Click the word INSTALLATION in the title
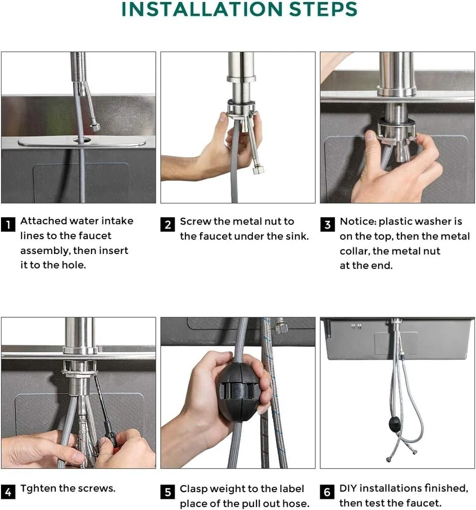tap(202, 9)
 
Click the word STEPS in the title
tap(323, 9)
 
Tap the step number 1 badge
tap(8, 224)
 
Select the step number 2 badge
tap(168, 225)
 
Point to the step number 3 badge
tap(327, 225)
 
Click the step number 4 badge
tap(8, 492)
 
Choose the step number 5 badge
tap(168, 492)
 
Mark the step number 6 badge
tap(327, 492)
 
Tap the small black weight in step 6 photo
tap(395, 423)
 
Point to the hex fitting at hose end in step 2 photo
tap(258, 170)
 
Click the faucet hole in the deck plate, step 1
tap(82, 141)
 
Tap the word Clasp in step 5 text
tap(194, 489)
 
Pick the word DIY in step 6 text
tap(348, 488)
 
